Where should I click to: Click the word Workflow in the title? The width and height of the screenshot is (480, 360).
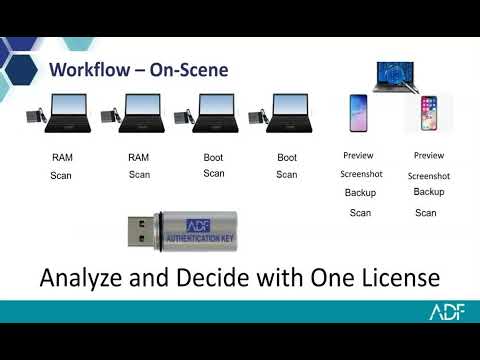pyautogui.click(x=90, y=70)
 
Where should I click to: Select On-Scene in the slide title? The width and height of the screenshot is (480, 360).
pyautogui.click(x=189, y=70)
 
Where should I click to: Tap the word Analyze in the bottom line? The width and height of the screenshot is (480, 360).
pyautogui.click(x=81, y=278)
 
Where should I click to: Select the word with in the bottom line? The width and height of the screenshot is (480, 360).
pyautogui.click(x=280, y=277)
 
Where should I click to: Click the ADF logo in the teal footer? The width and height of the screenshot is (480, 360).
pyautogui.click(x=447, y=312)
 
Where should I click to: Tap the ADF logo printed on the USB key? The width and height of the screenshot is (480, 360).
pyautogui.click(x=198, y=226)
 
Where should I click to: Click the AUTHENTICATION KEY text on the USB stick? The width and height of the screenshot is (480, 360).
pyautogui.click(x=200, y=238)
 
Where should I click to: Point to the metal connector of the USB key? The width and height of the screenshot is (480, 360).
pyautogui.click(x=141, y=232)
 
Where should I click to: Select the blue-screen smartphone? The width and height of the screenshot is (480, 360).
pyautogui.click(x=358, y=113)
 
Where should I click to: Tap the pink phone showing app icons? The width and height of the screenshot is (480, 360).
pyautogui.click(x=429, y=113)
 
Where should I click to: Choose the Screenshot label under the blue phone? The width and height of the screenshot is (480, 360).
pyautogui.click(x=361, y=174)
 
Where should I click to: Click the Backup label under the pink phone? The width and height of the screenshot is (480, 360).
pyautogui.click(x=429, y=192)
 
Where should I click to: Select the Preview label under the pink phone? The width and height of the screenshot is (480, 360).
pyautogui.click(x=429, y=155)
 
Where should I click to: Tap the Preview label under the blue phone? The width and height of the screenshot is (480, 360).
pyautogui.click(x=358, y=155)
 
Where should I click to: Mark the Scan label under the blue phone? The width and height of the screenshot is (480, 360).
pyautogui.click(x=360, y=213)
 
